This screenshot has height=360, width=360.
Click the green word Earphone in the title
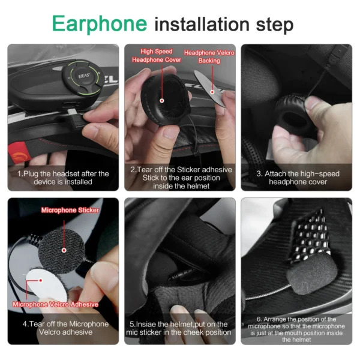[x=99, y=23]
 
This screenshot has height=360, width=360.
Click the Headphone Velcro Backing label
[x=209, y=56]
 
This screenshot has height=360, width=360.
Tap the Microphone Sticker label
[x=70, y=211]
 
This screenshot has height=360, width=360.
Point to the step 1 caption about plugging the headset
[x=63, y=178]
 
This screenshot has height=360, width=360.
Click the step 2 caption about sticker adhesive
[x=179, y=178]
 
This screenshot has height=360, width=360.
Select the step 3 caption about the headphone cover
[x=298, y=178]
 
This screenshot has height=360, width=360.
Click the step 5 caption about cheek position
[x=179, y=328]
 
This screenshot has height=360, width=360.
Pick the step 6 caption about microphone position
[x=296, y=329]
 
